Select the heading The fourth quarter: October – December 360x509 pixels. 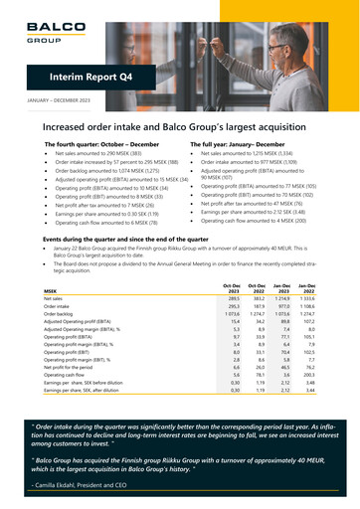point(104,144)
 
